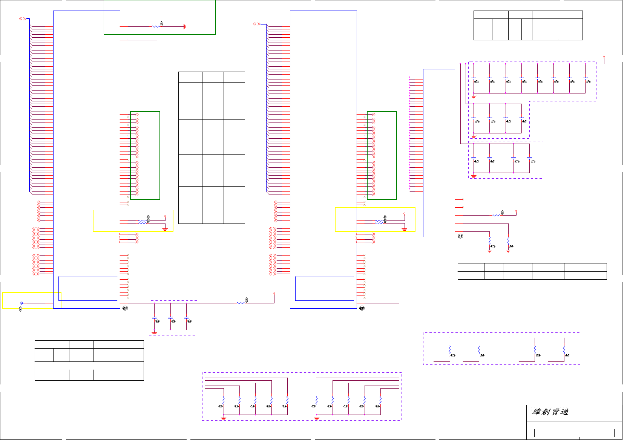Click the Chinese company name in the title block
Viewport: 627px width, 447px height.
point(550,412)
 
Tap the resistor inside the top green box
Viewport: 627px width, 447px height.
point(155,26)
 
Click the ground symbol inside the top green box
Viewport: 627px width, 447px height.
point(184,26)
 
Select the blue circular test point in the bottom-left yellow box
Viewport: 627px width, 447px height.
point(21,303)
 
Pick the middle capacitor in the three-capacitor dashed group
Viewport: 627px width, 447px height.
point(170,318)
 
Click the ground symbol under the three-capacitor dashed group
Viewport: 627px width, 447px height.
point(154,333)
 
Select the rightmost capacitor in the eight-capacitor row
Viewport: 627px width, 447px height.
point(585,78)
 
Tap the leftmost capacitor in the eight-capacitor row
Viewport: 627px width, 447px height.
point(474,78)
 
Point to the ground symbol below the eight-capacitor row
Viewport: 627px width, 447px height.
point(474,97)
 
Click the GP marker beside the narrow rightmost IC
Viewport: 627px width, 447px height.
point(460,236)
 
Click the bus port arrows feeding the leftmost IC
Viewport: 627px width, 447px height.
point(23,18)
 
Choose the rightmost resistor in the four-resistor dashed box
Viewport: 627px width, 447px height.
point(564,351)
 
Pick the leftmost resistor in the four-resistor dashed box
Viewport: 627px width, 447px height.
point(450,351)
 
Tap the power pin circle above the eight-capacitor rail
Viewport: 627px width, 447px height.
point(604,57)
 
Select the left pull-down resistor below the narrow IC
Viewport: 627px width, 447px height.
point(489,240)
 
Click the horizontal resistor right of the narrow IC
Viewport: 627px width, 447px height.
point(496,215)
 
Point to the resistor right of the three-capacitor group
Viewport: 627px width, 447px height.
point(241,303)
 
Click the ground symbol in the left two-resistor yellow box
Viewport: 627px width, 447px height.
point(165,229)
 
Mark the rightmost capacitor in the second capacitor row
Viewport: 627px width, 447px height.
point(521,118)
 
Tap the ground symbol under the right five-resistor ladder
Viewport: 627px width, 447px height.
point(317,418)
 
